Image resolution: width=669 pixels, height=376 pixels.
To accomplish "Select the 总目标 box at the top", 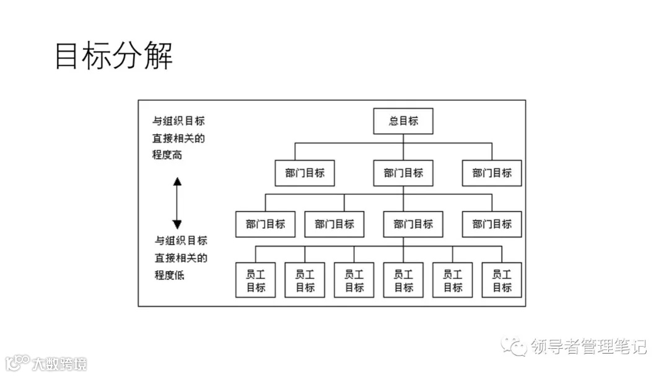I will point(403,121).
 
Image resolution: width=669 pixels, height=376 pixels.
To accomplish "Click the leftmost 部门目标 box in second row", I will point(305,173).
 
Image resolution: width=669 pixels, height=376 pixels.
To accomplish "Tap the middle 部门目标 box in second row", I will point(403,173).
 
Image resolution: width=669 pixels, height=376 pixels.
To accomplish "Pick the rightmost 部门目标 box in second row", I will point(492,173).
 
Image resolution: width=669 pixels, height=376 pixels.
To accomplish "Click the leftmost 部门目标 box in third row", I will point(265,224).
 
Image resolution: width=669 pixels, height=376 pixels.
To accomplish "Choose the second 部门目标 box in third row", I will point(334,224).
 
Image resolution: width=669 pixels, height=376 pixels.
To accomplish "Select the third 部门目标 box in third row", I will point(413,224).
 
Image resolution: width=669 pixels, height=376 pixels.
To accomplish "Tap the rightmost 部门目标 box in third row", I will point(492,224).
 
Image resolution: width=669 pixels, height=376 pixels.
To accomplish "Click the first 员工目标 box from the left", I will point(256,280).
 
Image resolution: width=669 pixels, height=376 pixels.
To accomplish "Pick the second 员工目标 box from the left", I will point(305,280).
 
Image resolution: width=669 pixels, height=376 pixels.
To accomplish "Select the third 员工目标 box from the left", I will point(354,280).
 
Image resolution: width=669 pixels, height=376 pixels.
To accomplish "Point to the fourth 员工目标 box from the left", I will point(403,280).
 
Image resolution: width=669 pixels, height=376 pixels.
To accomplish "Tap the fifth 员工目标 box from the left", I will point(452,280).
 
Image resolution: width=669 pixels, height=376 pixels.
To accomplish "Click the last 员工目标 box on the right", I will point(502,280).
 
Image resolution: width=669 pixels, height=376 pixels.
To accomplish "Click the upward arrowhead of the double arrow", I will point(177,182).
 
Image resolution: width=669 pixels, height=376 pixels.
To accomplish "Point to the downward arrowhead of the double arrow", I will point(177,224).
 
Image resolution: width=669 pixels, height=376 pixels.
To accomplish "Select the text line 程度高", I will point(168,155).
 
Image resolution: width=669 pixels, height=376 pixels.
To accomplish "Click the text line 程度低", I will point(170,274).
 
